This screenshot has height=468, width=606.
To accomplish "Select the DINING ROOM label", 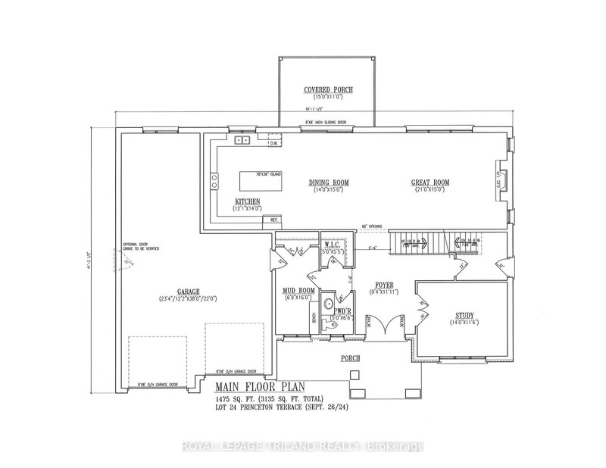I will (x=328, y=182).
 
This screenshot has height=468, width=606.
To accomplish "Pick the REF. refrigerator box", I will (x=272, y=220).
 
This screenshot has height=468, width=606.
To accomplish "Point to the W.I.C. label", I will (x=334, y=244).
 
